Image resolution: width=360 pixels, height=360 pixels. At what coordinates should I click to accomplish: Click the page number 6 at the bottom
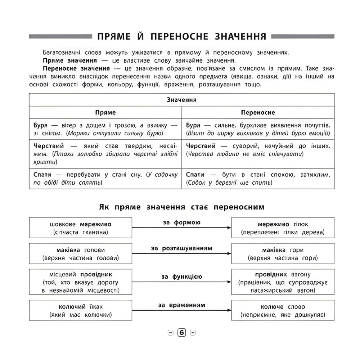point(181,333)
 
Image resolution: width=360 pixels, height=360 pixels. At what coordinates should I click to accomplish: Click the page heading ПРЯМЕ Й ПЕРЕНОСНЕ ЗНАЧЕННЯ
point(181,37)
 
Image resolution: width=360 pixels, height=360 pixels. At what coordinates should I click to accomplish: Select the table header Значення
point(181,100)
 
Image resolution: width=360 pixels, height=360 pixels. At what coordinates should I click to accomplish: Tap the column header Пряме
point(105,112)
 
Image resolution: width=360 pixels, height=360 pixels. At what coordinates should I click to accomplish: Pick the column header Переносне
point(257,112)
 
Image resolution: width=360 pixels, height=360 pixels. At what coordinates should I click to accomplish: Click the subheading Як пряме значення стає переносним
point(181,207)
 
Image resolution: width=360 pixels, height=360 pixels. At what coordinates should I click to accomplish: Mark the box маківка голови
point(80,254)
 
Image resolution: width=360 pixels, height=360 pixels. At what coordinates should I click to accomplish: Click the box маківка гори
point(283,254)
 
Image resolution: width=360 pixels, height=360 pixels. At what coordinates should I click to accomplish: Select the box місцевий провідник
point(80,282)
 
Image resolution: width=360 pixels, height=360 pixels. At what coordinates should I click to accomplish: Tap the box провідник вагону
point(283,282)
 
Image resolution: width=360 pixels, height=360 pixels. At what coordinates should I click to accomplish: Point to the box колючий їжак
point(80,311)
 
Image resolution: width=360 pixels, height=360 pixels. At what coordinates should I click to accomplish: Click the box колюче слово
point(283,311)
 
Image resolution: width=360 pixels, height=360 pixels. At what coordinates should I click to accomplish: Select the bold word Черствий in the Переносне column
point(201,146)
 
